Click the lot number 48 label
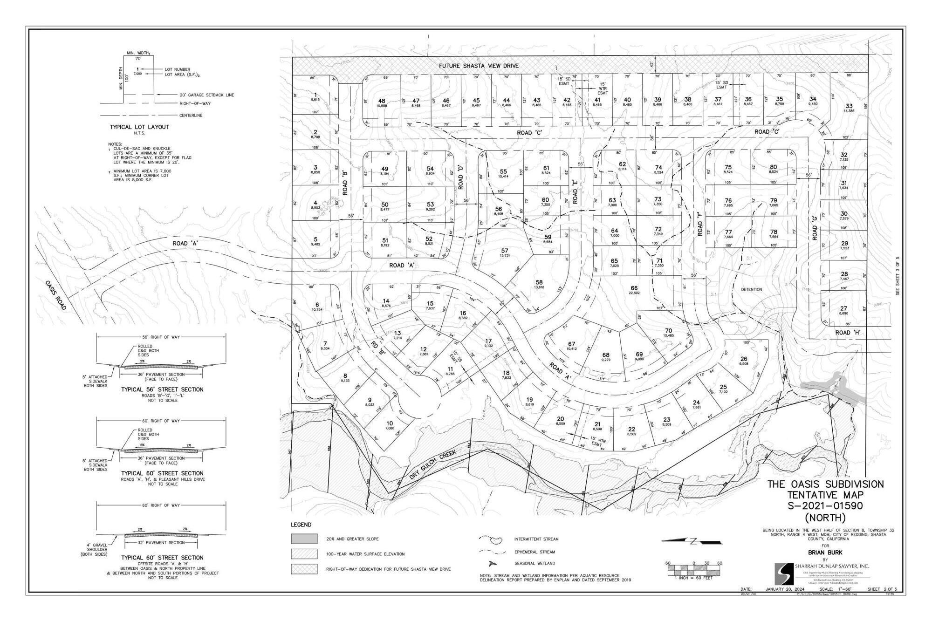[382, 101]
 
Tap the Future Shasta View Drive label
[479, 66]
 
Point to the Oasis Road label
[56, 295]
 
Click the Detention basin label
[751, 289]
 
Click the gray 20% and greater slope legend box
[304, 539]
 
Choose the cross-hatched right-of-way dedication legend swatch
[304, 569]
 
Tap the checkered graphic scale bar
[693, 569]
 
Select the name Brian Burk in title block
[825, 553]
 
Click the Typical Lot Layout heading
[139, 127]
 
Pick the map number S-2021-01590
[825, 506]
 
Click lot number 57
[504, 251]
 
